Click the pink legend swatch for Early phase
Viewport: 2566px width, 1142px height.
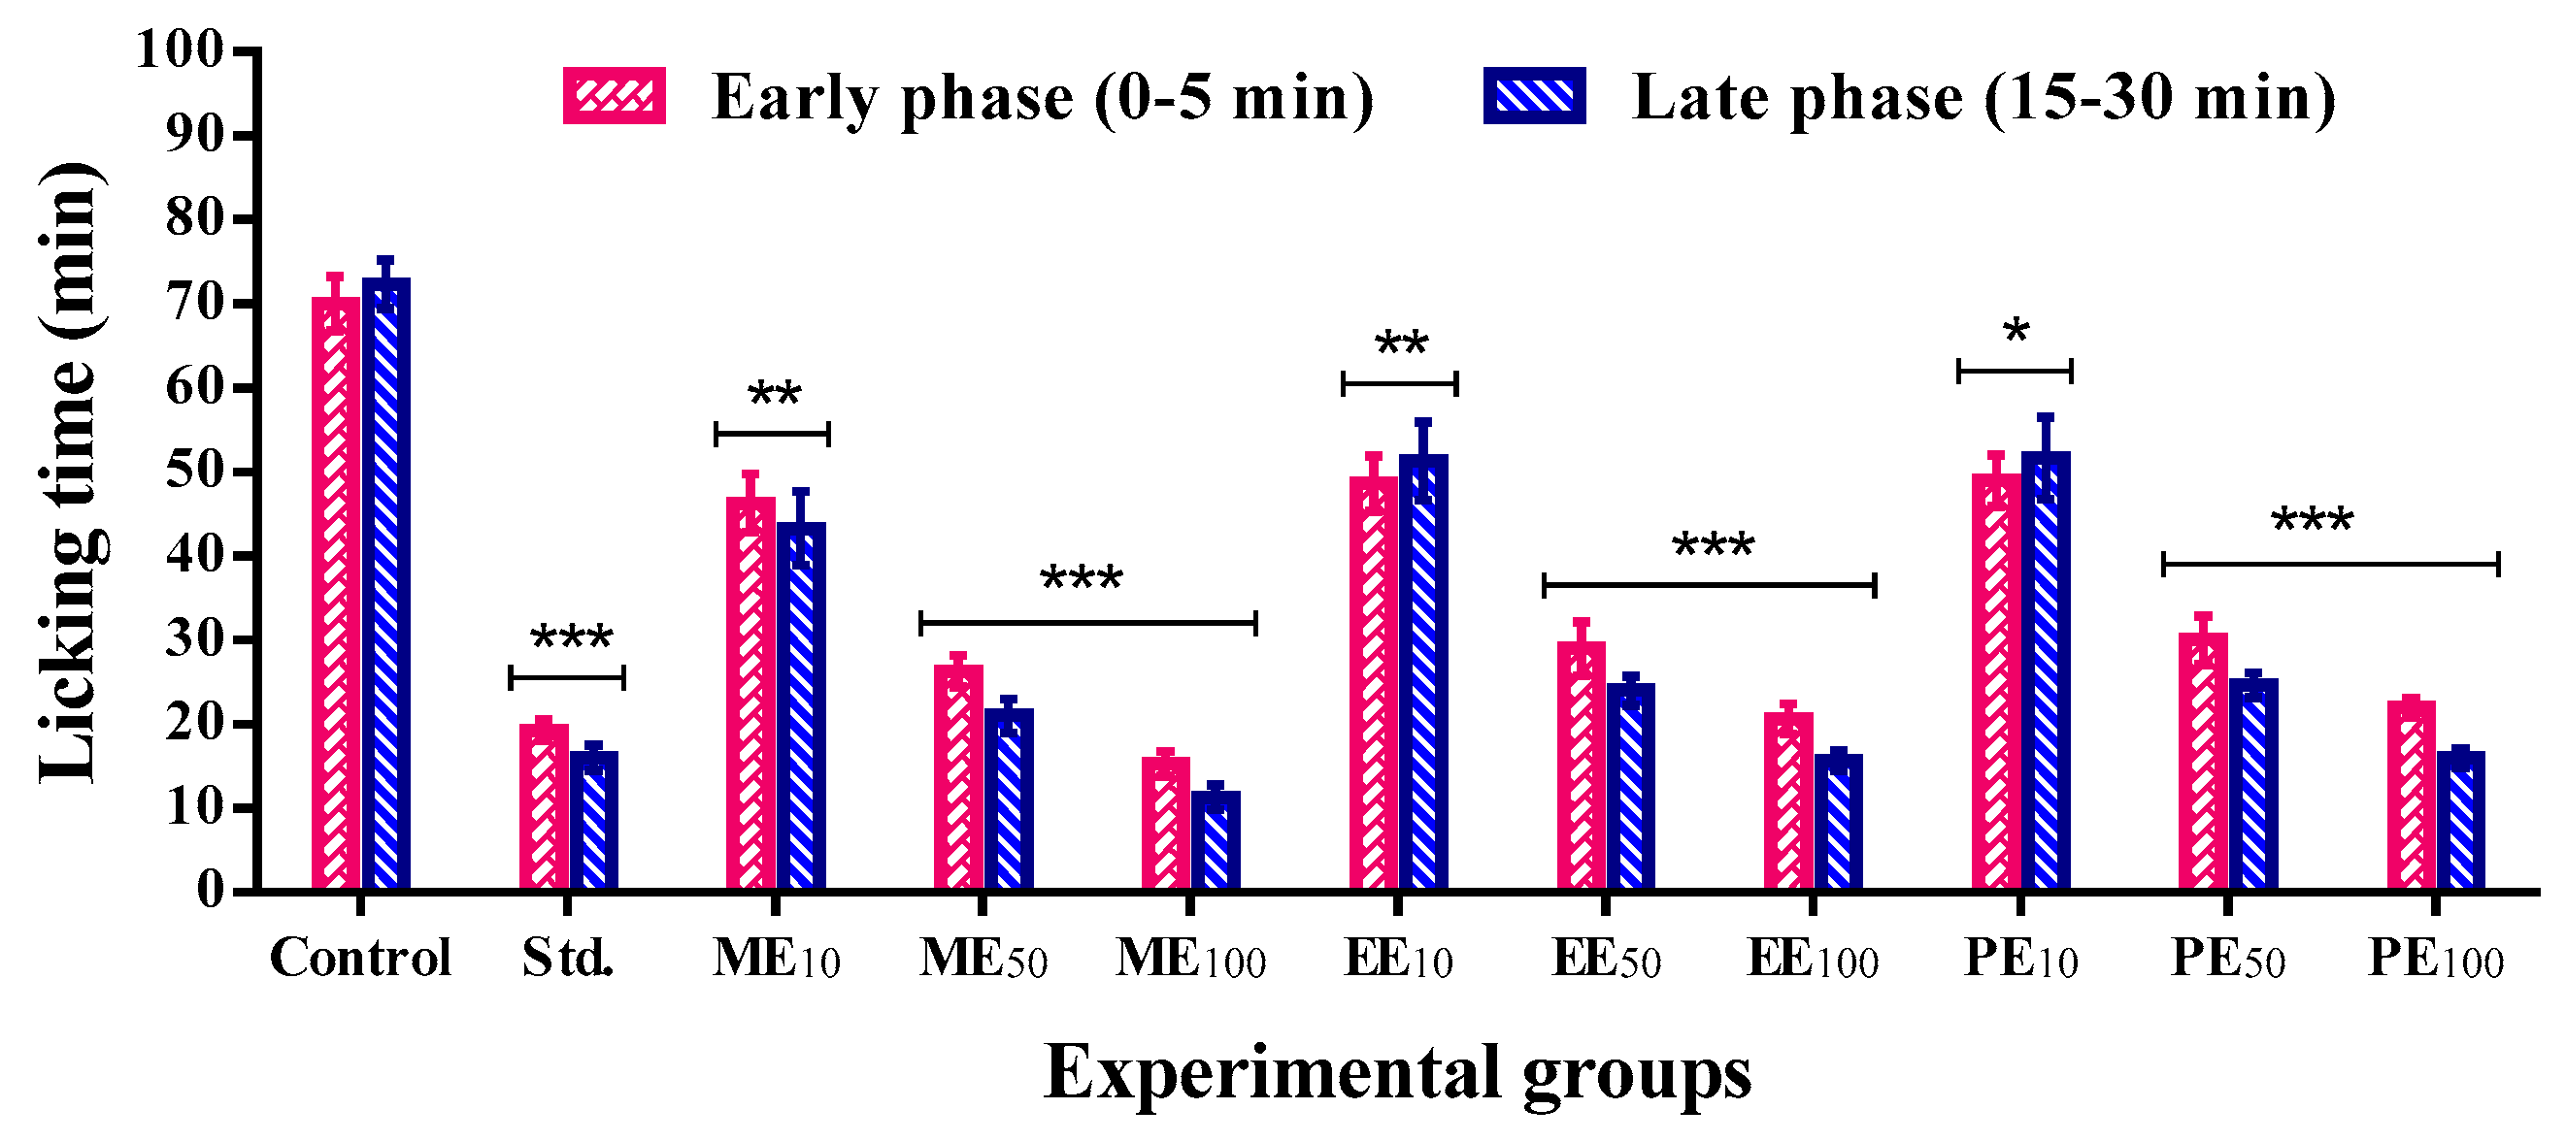tap(614, 96)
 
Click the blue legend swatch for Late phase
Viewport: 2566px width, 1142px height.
tap(1534, 96)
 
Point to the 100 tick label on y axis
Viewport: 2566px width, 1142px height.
tap(180, 49)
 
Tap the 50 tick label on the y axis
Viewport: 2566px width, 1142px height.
tap(194, 471)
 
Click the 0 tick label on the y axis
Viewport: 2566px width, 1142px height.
tap(210, 889)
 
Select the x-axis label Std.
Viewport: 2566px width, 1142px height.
tap(568, 958)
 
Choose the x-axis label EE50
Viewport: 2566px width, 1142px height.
tap(1606, 959)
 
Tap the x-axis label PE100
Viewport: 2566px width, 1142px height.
tap(2436, 959)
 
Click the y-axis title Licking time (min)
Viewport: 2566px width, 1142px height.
tap(70, 473)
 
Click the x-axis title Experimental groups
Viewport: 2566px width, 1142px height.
tap(1396, 1073)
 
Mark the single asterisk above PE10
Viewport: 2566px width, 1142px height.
tap(2016, 332)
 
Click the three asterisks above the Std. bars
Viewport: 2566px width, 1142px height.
tap(572, 636)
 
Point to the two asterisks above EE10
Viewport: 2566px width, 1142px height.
tap(1401, 343)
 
